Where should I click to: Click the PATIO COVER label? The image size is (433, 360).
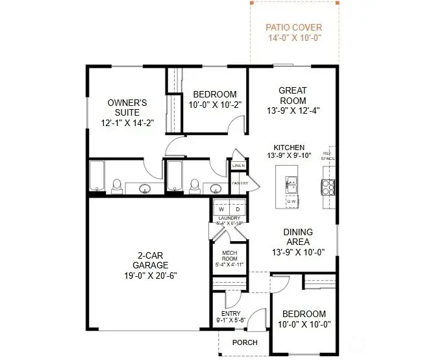pos(293,27)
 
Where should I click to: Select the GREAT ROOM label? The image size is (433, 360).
pos(293,96)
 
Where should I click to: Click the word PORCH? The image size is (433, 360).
pos(244,342)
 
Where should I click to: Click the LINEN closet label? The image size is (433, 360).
pos(238,167)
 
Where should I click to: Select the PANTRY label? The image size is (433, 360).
pos(240,183)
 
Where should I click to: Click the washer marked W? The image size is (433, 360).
pos(221,209)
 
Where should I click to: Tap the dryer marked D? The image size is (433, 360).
pos(238,209)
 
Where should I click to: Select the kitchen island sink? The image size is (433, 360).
pos(290,184)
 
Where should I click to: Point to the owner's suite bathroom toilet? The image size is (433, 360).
pos(118,186)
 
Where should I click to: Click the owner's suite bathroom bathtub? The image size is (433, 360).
pos(96,177)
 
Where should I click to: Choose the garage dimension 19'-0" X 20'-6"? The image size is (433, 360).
pos(150,276)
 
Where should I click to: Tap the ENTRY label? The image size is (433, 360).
pos(231,313)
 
